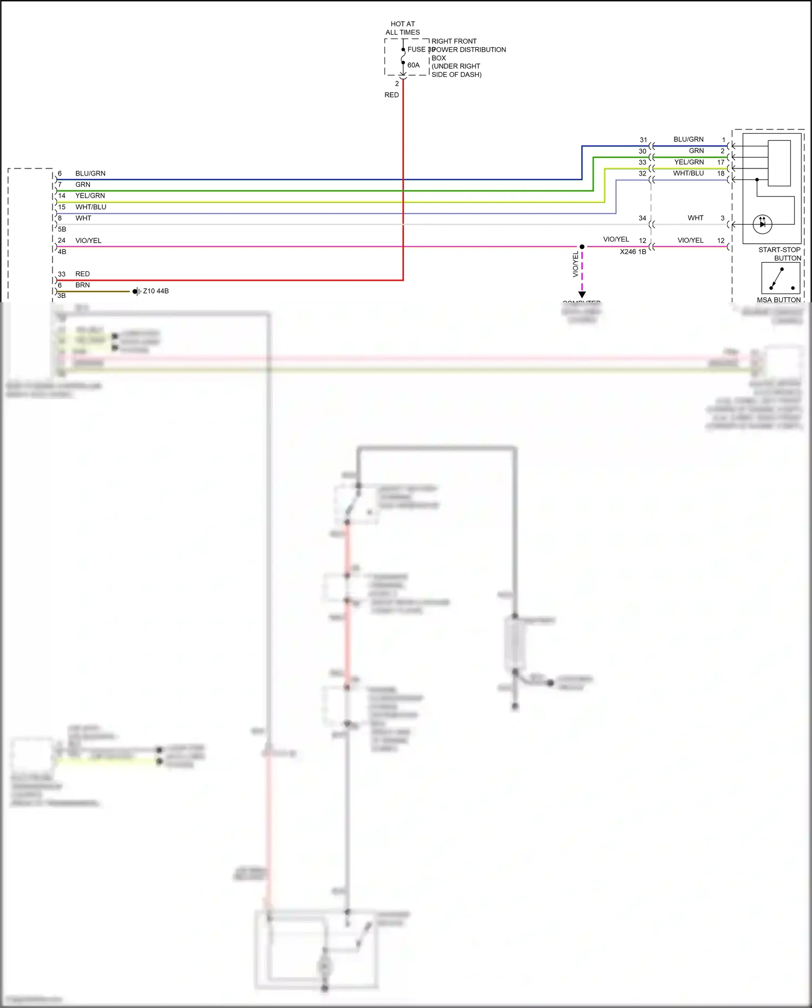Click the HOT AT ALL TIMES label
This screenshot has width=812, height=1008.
point(402,28)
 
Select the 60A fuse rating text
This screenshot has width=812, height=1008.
point(413,65)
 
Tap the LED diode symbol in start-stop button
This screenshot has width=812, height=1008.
point(762,224)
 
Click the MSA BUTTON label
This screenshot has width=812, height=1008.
point(778,300)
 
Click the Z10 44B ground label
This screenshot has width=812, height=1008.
point(156,291)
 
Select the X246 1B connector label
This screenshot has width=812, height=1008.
point(633,252)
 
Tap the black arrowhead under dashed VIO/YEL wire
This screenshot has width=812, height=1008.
point(582,295)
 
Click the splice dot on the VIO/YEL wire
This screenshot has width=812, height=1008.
point(582,246)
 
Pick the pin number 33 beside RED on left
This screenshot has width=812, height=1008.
point(62,274)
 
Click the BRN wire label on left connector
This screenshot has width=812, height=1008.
point(82,285)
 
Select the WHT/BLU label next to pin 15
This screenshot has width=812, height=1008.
point(91,207)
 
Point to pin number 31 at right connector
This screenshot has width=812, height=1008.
point(643,140)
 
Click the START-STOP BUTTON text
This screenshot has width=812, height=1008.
point(780,254)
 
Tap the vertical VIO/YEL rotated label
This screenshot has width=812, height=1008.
point(575,265)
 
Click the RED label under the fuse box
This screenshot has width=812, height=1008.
point(391,95)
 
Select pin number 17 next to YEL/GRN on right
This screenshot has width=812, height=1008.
point(721,162)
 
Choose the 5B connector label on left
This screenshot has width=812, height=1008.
point(62,229)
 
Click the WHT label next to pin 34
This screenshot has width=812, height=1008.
point(696,218)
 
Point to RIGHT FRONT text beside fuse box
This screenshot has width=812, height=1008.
point(454,41)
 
